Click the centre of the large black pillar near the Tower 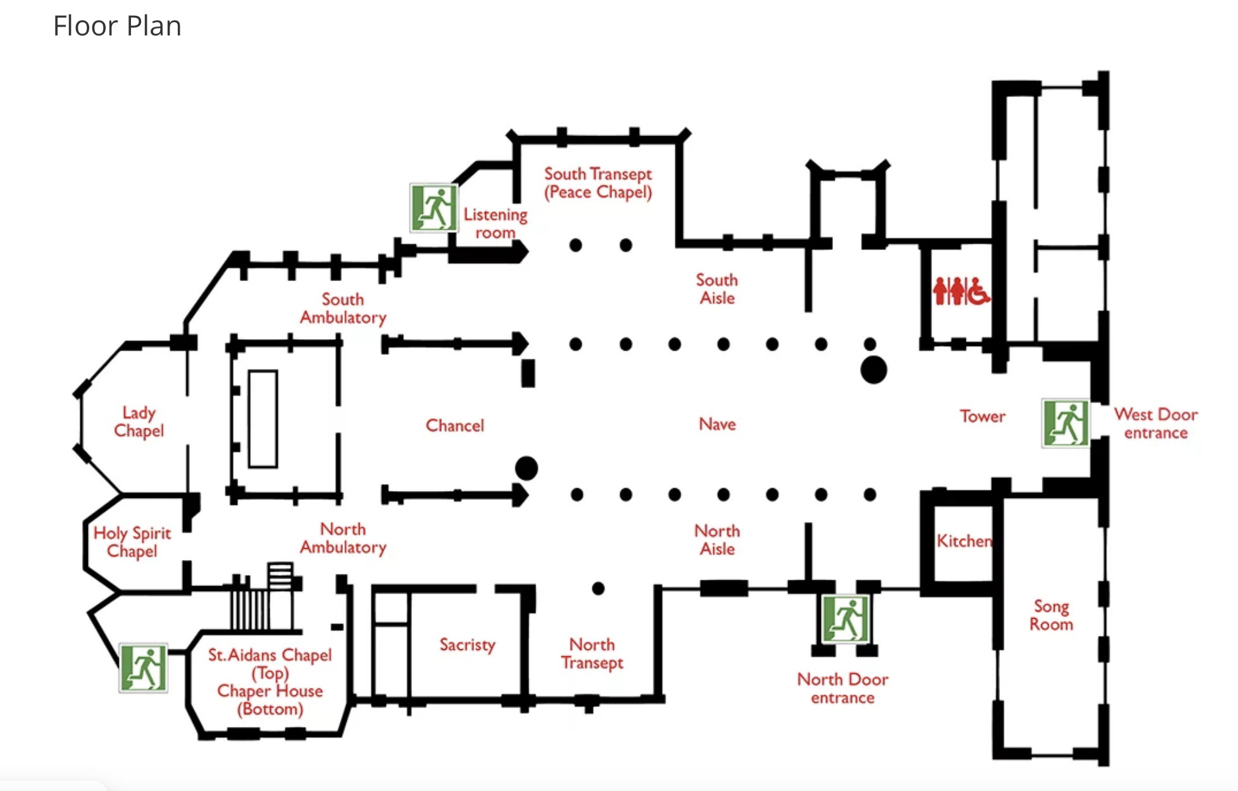click(873, 370)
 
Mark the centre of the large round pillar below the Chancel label click(527, 469)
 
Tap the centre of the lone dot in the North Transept click(598, 589)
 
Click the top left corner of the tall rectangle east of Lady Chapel click(249, 371)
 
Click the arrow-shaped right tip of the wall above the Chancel click(528, 344)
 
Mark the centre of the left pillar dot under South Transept click(575, 245)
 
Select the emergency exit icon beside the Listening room click(434, 208)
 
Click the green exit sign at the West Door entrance click(1066, 423)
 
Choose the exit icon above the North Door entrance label click(845, 618)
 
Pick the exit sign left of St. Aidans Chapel click(144, 668)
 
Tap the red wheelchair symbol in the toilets click(977, 291)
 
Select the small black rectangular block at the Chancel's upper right click(528, 373)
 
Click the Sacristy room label click(467, 645)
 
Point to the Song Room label click(1051, 615)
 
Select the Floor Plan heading click(117, 26)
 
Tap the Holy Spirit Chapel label click(132, 542)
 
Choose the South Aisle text click(717, 289)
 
